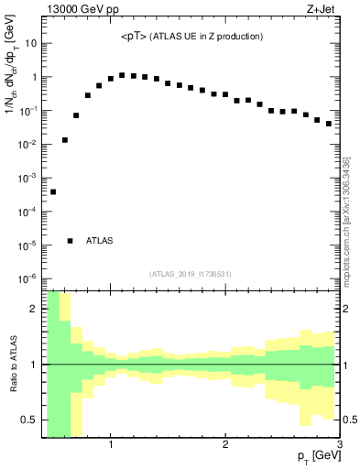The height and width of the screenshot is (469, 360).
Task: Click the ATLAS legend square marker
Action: tap(71, 241)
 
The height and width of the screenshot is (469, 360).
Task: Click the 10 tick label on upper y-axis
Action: tap(30, 43)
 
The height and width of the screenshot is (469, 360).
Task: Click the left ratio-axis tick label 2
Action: tap(35, 310)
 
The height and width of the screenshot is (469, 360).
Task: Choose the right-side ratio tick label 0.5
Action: tap(349, 420)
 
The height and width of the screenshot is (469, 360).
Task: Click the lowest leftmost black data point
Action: tap(53, 191)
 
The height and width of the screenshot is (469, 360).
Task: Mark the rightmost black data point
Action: tap(328, 124)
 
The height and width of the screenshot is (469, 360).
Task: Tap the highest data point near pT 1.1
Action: tap(122, 75)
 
